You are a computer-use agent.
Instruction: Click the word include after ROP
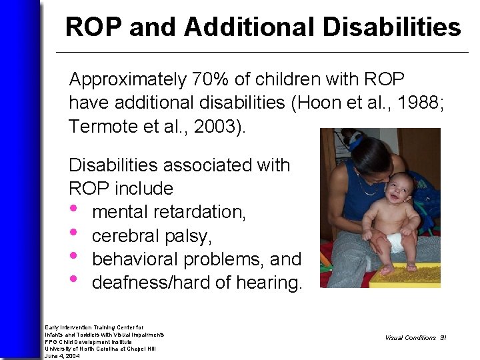pos(144,188)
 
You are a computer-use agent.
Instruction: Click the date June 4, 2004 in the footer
pos(62,356)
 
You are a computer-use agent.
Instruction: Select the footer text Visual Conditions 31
pos(415,338)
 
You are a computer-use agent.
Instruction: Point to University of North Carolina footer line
pos(100,349)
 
